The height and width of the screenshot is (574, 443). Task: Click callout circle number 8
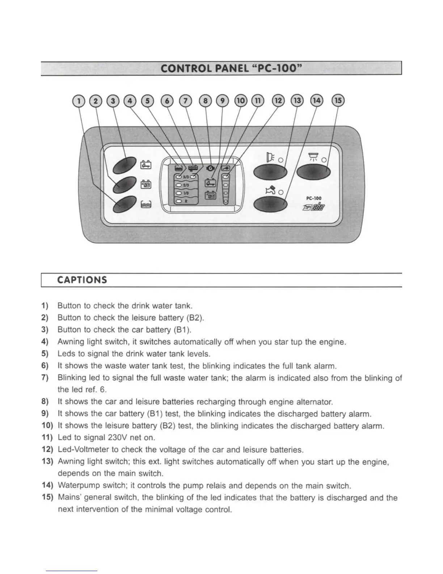tap(206, 101)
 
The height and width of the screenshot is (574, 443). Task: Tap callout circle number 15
tap(338, 101)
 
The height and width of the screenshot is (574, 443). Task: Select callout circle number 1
tap(78, 101)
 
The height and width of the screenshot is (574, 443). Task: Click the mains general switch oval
tap(313, 172)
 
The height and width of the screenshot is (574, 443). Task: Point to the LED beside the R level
tap(178, 201)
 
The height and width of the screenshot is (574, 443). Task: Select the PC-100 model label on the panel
tap(313, 198)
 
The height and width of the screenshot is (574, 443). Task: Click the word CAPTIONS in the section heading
tap(82, 280)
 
